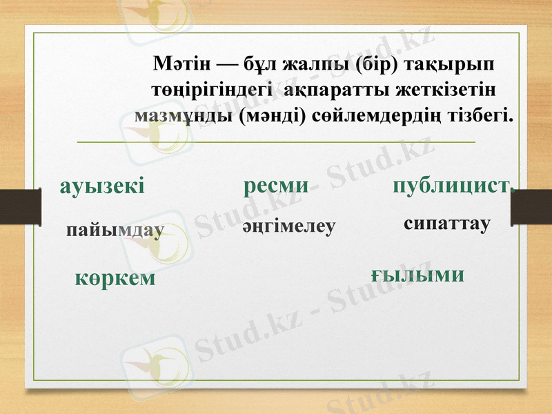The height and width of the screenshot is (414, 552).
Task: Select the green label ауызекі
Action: [102, 185]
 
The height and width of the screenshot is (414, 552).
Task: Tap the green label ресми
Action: [275, 184]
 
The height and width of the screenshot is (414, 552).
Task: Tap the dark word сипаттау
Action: [446, 224]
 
